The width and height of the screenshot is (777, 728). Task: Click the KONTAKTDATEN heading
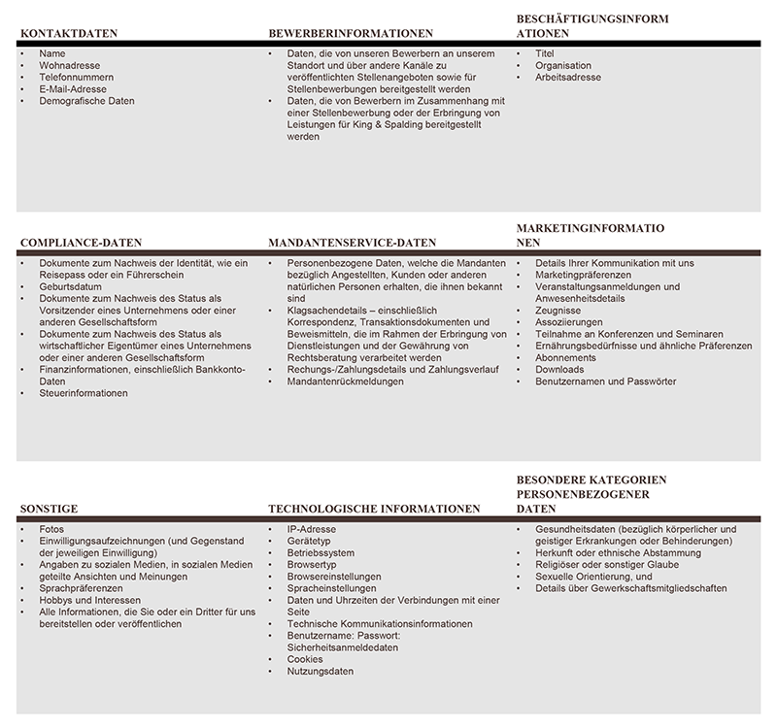click(x=69, y=33)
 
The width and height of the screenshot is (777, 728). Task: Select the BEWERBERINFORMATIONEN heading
click(x=351, y=33)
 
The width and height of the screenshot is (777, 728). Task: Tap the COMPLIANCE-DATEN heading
click(x=82, y=243)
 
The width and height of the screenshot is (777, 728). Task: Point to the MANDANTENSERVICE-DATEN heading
click(x=352, y=243)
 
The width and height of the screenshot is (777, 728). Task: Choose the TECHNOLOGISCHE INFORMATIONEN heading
click(x=374, y=508)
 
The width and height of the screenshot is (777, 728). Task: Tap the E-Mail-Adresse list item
click(x=73, y=88)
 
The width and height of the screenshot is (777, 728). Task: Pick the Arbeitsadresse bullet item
click(x=568, y=77)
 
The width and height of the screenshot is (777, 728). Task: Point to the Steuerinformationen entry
click(x=84, y=393)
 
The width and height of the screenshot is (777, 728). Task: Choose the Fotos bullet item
click(x=52, y=529)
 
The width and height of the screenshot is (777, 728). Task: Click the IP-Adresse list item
click(x=311, y=529)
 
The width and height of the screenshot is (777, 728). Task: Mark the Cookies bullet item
click(x=305, y=659)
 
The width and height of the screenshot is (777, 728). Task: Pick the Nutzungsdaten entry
click(x=321, y=671)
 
